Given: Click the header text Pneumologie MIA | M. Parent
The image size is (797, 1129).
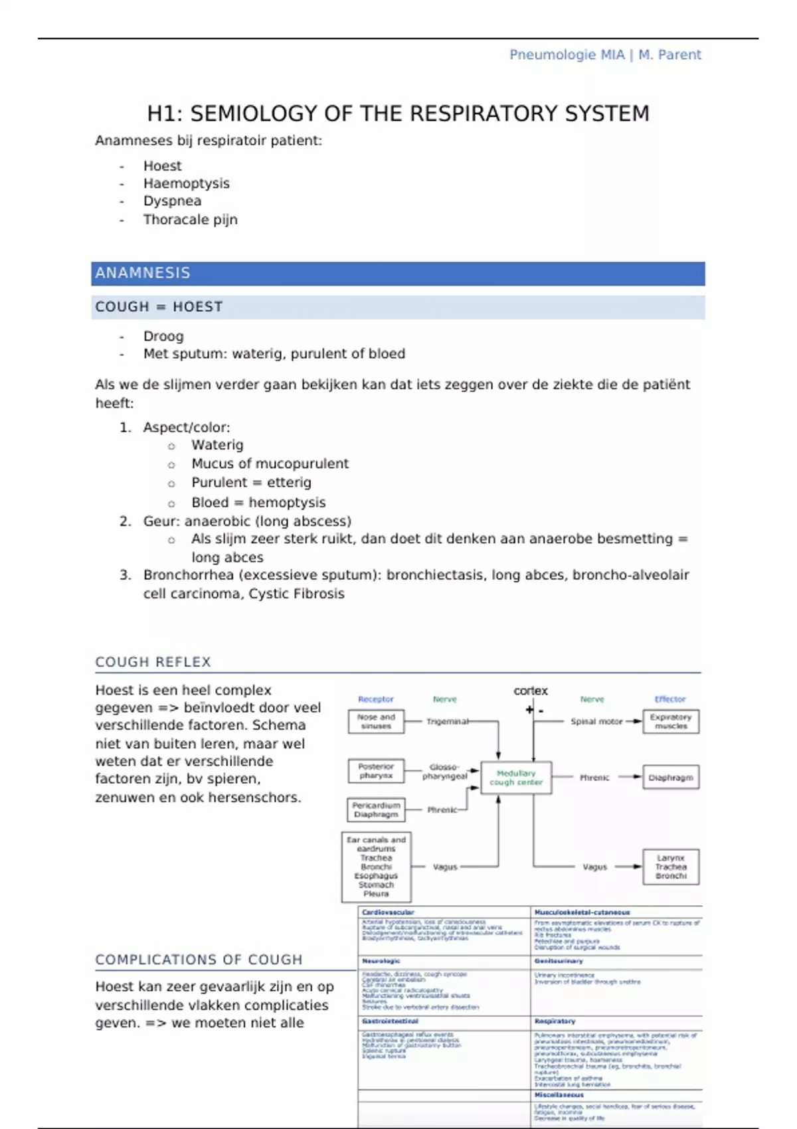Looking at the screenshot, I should (604, 55).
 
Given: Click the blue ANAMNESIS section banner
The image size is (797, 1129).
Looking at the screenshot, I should (398, 273).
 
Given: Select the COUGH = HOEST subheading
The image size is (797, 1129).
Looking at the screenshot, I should (159, 307).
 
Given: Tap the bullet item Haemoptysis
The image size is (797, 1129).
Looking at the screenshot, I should (186, 183).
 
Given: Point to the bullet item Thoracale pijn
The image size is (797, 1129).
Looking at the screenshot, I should (190, 219).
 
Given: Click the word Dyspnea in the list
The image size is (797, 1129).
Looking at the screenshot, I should (172, 201).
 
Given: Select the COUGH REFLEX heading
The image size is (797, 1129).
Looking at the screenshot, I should (153, 662).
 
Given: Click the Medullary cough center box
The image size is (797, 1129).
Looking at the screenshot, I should (516, 778).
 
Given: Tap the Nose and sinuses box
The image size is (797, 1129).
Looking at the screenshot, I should (376, 721).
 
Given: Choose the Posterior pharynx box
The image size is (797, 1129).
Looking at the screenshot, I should (376, 771).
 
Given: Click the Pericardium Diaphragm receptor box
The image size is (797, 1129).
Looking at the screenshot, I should (376, 810).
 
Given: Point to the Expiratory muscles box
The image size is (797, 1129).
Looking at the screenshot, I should (671, 721).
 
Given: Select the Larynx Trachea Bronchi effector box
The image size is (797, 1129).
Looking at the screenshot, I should (671, 867).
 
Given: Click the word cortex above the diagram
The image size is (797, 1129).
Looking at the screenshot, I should (531, 691).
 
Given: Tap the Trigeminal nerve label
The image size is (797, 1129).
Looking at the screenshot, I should (447, 721).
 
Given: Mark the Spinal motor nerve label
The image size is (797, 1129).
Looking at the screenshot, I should (596, 721).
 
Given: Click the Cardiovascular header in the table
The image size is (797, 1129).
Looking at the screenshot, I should (388, 912).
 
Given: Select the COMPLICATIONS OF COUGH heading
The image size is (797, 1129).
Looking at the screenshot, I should (199, 960).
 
